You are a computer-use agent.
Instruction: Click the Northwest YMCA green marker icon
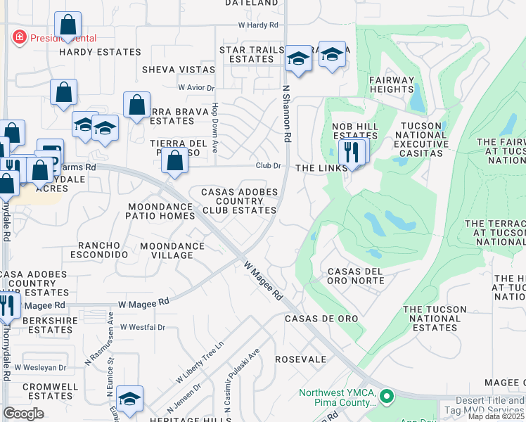tap(385, 397)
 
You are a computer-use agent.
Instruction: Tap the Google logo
tap(23, 414)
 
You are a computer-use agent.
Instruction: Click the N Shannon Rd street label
tap(286, 114)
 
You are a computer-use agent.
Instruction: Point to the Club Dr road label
tap(268, 166)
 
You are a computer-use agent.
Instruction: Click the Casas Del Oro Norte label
tap(356, 276)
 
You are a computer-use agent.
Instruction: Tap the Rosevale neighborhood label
tap(301, 359)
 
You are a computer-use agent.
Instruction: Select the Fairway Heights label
tap(392, 84)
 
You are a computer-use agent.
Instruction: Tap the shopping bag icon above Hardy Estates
tap(68, 26)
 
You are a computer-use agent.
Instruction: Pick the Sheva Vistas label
tap(179, 70)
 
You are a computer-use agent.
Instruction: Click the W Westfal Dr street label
tap(142, 327)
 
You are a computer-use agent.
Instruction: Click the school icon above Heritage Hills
tap(129, 399)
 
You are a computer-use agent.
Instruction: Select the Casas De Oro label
tap(321, 319)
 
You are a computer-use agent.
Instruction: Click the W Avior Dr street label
tap(195, 88)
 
